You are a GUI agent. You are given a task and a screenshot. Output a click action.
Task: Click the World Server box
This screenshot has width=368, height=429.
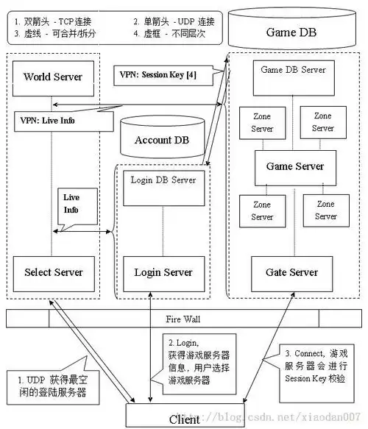click(52, 77)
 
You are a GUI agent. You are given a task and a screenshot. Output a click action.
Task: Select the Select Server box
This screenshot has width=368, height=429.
click(52, 272)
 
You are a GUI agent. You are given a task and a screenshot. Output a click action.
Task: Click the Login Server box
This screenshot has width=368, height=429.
click(163, 272)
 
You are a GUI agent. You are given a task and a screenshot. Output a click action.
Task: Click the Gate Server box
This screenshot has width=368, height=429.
click(293, 272)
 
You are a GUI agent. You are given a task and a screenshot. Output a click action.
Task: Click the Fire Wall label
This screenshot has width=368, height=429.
click(184, 320)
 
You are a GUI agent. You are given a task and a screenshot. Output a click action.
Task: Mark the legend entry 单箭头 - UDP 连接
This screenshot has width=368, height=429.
click(177, 22)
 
